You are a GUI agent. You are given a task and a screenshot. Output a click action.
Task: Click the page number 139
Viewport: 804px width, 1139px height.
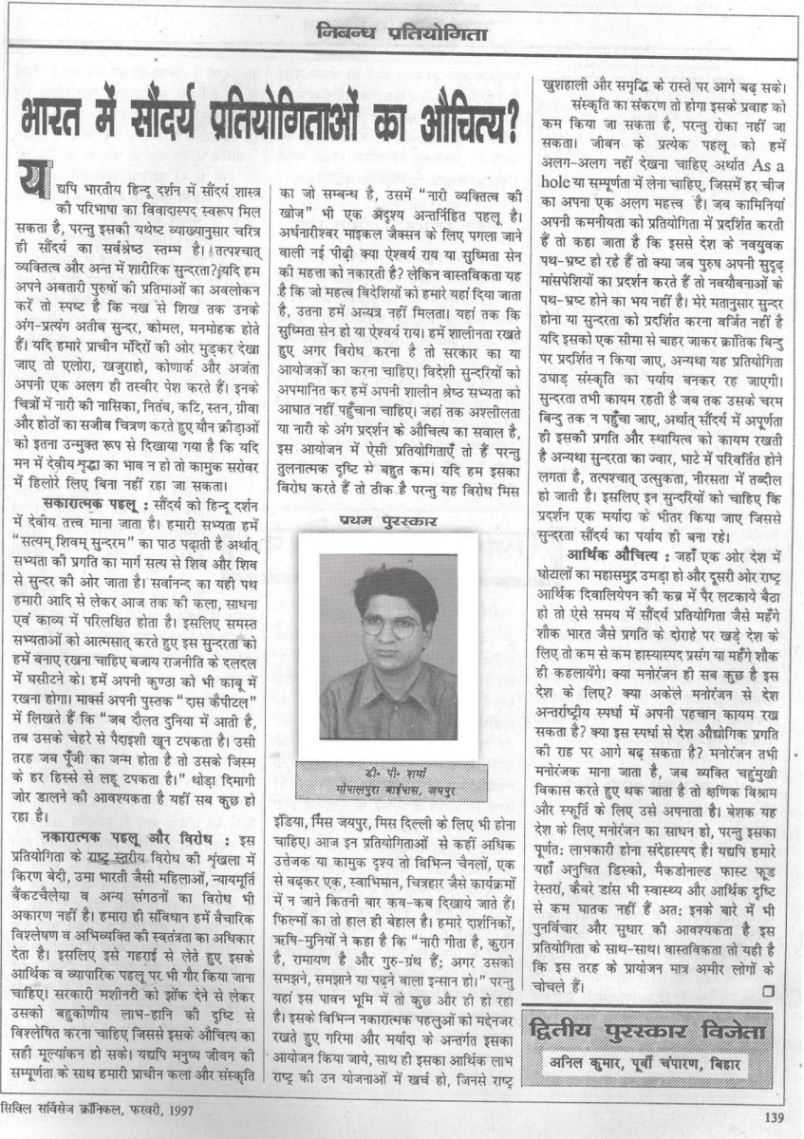pos(774,1117)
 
